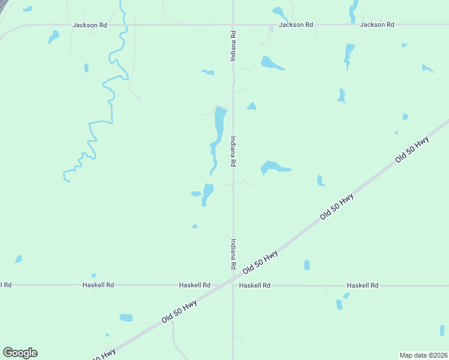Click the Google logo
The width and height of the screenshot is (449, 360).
(x=20, y=353)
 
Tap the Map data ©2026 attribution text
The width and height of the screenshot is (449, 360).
(x=423, y=355)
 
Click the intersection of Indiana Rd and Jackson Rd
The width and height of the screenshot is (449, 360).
(x=233, y=25)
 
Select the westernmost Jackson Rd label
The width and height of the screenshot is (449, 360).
(x=89, y=25)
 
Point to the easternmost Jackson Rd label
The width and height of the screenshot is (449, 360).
(x=377, y=25)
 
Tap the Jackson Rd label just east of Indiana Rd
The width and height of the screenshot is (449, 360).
(x=296, y=25)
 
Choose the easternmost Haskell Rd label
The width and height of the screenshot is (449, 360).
(x=363, y=286)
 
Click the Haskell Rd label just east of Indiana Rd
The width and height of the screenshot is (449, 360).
(x=255, y=286)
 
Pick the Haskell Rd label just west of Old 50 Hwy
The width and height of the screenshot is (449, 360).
(x=194, y=286)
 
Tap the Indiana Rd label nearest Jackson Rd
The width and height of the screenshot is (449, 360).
(x=233, y=46)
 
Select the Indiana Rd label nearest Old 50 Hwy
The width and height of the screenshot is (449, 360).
(x=233, y=254)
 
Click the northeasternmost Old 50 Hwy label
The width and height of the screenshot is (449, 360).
(x=412, y=150)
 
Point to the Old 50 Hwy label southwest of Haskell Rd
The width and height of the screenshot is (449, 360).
(x=179, y=313)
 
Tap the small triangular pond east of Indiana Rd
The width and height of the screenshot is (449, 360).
(x=252, y=106)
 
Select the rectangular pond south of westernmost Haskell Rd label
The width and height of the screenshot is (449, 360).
(x=126, y=317)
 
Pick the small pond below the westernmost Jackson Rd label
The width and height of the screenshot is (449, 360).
(x=54, y=37)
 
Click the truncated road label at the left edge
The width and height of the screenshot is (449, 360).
(x=5, y=285)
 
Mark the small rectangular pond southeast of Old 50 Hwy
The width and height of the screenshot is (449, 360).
(x=307, y=265)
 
